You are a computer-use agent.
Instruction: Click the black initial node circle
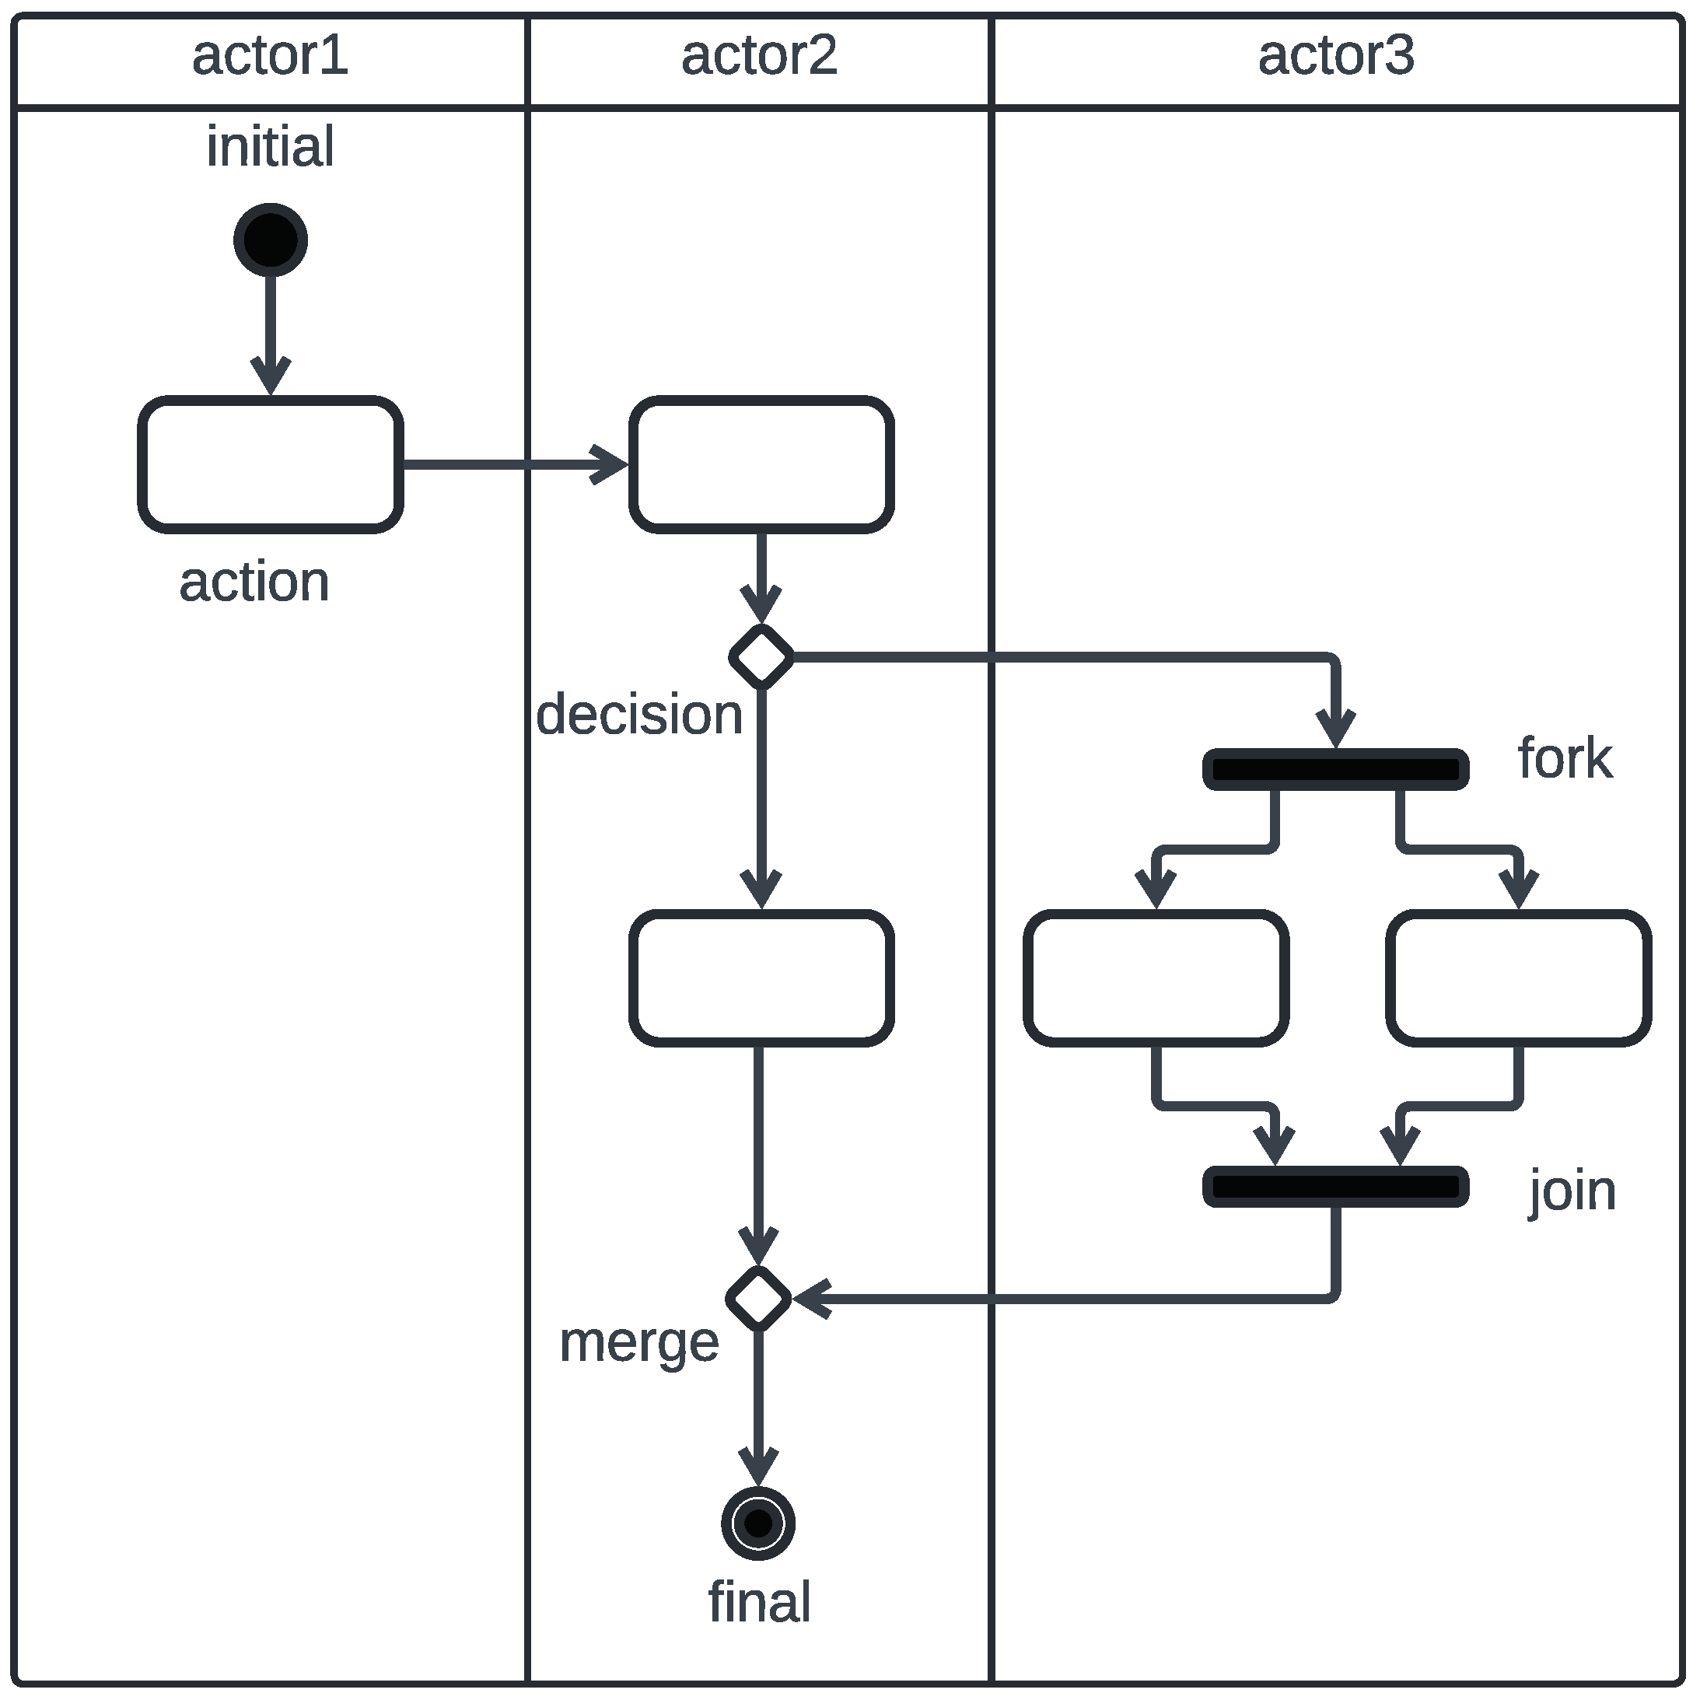point(270,240)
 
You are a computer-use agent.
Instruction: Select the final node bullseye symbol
point(757,1523)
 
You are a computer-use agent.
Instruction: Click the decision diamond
point(761,656)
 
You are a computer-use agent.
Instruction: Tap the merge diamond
point(758,1299)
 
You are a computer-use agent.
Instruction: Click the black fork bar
point(1334,770)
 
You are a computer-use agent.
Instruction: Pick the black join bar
point(1334,1187)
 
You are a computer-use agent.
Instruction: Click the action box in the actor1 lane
point(270,464)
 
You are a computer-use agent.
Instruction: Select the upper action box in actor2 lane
point(761,464)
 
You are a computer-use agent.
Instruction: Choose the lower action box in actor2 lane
point(761,978)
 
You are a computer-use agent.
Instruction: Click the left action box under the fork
point(1156,978)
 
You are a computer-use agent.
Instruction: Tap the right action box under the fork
point(1518,978)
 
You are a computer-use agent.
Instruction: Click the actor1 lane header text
point(270,55)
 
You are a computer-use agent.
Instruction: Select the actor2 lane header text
point(758,55)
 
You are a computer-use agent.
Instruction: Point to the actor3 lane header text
point(1336,55)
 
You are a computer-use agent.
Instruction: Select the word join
point(1572,1191)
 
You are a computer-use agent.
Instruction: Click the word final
point(758,1601)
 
